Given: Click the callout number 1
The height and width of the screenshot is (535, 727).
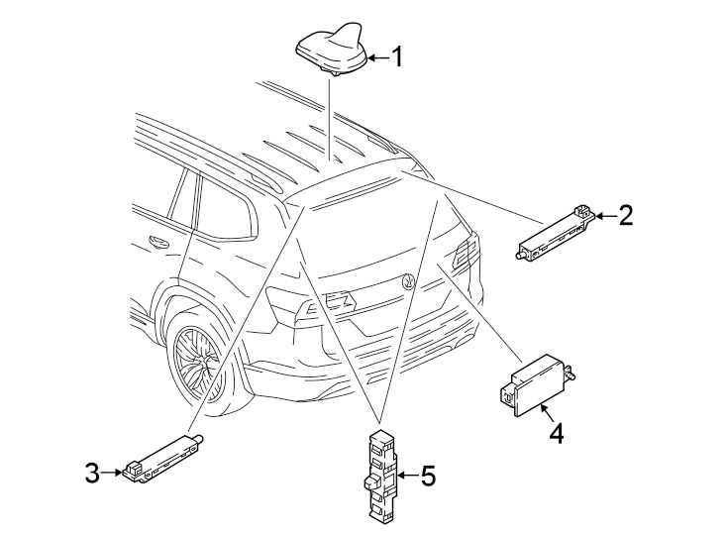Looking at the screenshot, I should point(396,57).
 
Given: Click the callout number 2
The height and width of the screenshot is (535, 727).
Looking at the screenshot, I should point(624,215).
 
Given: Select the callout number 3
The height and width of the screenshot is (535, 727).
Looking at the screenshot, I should point(92,474).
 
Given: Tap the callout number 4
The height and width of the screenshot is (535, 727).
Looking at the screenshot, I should point(557,434).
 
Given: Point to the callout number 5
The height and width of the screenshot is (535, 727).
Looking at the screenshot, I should point(427,477).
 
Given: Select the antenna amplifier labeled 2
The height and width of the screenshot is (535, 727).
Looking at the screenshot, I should point(555,233).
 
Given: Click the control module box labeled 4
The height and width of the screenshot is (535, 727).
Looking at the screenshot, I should point(534,385).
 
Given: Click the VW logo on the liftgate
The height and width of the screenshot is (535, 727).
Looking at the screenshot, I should point(408,281).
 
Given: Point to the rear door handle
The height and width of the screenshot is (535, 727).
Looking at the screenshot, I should point(156,241).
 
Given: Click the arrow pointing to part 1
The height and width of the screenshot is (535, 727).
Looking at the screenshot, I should point(375,57).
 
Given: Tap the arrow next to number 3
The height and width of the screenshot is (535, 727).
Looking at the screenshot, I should point(113,474).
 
